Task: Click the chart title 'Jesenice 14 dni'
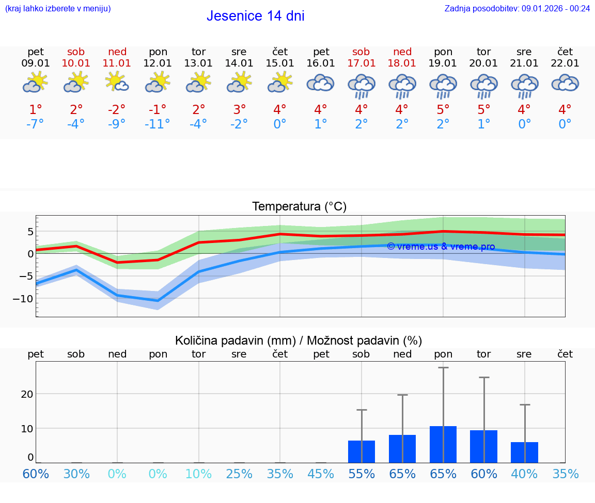click(255, 16)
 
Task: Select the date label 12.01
click(158, 63)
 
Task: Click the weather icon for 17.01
click(361, 85)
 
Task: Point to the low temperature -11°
click(158, 124)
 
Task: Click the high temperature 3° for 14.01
click(239, 109)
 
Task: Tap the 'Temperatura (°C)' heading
click(299, 207)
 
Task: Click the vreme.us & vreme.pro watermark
click(441, 247)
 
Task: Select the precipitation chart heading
click(299, 340)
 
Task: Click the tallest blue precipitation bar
click(443, 444)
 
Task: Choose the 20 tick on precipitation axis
click(27, 394)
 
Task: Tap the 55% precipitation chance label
click(361, 474)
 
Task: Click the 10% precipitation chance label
click(198, 474)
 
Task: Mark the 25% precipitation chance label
click(239, 474)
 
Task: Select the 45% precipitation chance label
click(321, 474)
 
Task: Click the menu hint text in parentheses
click(57, 8)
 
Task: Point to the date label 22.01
click(565, 63)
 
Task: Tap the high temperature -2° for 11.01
click(117, 109)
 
